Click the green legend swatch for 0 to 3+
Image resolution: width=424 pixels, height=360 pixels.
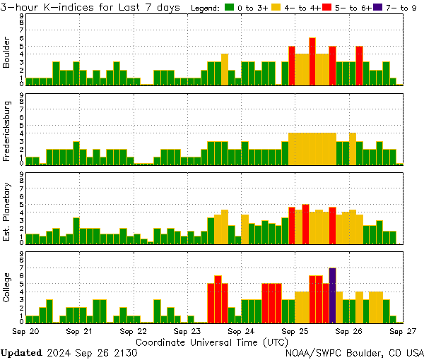pos(230,8)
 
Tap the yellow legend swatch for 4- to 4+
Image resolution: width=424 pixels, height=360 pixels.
pos(276,8)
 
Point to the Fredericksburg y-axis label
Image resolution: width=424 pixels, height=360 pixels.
pos(7,131)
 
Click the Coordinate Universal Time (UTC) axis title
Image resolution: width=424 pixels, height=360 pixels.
pos(211,342)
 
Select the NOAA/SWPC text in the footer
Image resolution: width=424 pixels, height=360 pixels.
pos(312,352)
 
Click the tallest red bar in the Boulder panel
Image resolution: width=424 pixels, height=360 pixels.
pos(312,61)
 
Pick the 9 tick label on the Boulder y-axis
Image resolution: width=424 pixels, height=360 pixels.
pos(21,16)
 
